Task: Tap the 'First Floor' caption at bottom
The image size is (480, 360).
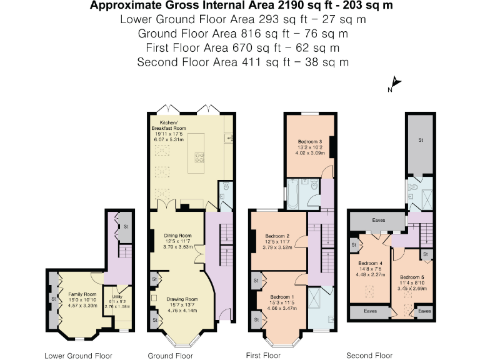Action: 262,356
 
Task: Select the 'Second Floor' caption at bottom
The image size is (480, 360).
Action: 370,356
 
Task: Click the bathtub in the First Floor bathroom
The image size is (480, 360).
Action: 301,193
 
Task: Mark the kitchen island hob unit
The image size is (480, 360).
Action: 201,155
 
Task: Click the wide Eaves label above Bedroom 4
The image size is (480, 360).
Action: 378,221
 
